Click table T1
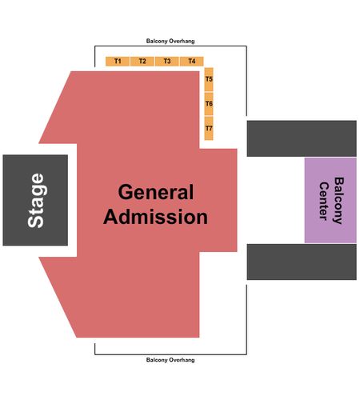pyautogui.click(x=118, y=62)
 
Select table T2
pyautogui.click(x=142, y=62)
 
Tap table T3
pyautogui.click(x=167, y=62)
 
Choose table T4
pyautogui.click(x=192, y=62)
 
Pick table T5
pyautogui.click(x=209, y=79)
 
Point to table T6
pyautogui.click(x=209, y=104)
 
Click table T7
pyautogui.click(x=209, y=128)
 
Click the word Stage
pyautogui.click(x=36, y=201)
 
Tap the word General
pyautogui.click(x=156, y=192)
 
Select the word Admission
pyautogui.click(x=155, y=217)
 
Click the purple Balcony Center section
pyautogui.click(x=330, y=200)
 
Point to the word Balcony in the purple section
pyautogui.click(x=338, y=201)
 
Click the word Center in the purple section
pyautogui.click(x=323, y=201)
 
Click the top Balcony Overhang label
pyautogui.click(x=170, y=41)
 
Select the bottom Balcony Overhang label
pyautogui.click(x=170, y=360)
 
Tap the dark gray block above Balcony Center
pyautogui.click(x=302, y=138)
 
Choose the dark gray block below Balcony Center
pyautogui.click(x=302, y=262)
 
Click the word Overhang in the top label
pyautogui.click(x=182, y=42)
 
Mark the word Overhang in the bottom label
pyautogui.click(x=182, y=360)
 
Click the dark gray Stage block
pyautogui.click(x=35, y=200)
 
